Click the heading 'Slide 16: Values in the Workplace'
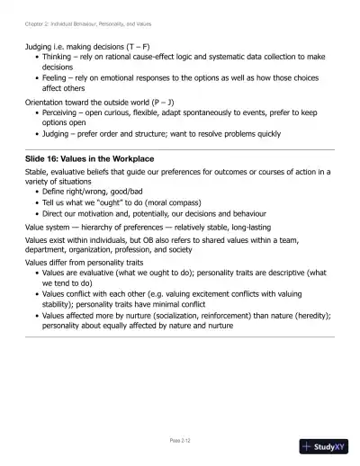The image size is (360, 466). pos(89,158)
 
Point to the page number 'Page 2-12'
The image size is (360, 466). pos(180,440)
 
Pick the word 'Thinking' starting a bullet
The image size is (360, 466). pos(58,56)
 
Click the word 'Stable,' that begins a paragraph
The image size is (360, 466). pos(37,171)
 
